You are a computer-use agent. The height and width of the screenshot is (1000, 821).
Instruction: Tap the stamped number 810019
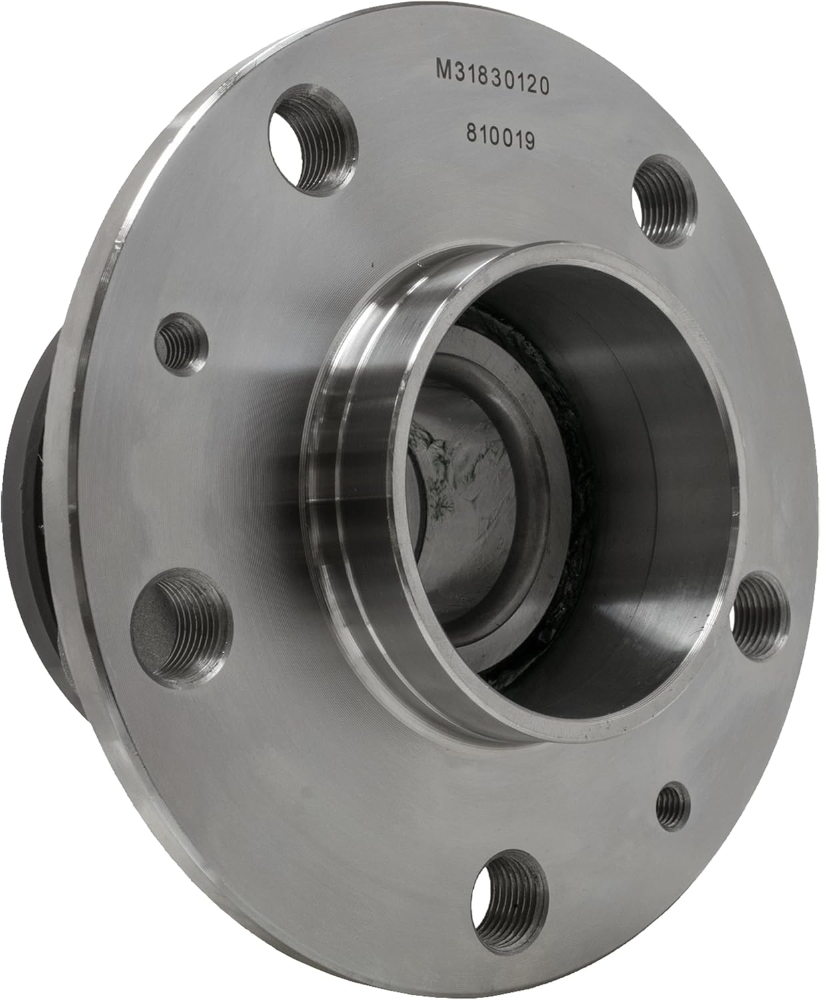(501, 138)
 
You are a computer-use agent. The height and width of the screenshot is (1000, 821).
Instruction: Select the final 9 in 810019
(530, 141)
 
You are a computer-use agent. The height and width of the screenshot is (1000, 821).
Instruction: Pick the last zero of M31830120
(544, 86)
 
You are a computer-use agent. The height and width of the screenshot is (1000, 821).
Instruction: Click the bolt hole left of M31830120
(313, 141)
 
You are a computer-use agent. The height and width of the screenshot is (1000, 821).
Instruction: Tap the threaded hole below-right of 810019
(663, 201)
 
